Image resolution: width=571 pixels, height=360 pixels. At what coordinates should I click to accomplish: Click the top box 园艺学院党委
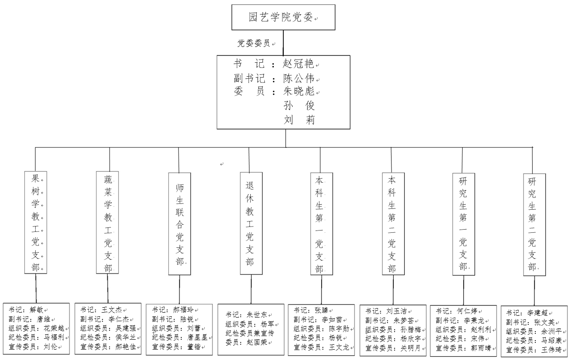tap(283, 18)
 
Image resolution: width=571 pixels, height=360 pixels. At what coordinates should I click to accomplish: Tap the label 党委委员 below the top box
tap(254, 43)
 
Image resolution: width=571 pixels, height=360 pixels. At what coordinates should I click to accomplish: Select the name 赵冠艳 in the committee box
tap(298, 64)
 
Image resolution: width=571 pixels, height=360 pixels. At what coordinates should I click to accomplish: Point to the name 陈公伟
tap(298, 78)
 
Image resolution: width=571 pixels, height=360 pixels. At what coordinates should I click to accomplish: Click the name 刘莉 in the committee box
tap(299, 120)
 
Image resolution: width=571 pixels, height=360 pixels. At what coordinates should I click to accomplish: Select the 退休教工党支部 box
tap(251, 223)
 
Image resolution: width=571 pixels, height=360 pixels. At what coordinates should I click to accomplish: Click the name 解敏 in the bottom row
tap(37, 310)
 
